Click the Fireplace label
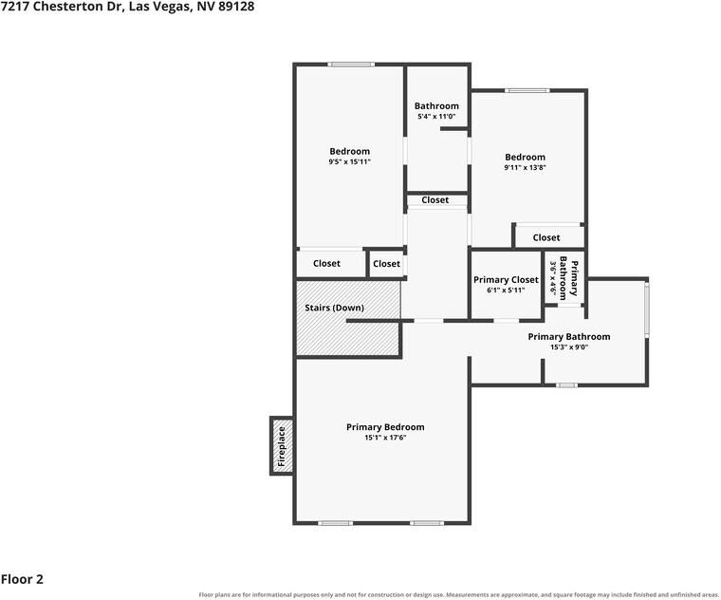[282, 446]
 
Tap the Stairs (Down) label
[334, 308]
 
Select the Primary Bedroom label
[385, 427]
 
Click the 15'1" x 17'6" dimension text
[385, 438]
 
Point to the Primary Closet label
[506, 280]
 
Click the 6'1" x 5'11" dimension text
[506, 291]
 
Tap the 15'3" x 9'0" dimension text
[569, 347]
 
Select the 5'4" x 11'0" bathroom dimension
[436, 117]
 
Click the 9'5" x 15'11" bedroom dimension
[349, 162]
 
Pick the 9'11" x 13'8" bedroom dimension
[526, 167]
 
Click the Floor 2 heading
[22, 579]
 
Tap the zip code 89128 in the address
[236, 7]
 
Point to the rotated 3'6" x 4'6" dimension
[553, 278]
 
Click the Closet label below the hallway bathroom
[435, 200]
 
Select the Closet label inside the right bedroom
[546, 238]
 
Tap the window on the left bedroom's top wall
[351, 65]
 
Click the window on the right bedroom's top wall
[527, 90]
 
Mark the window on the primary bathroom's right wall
[646, 309]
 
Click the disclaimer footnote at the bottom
[458, 595]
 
